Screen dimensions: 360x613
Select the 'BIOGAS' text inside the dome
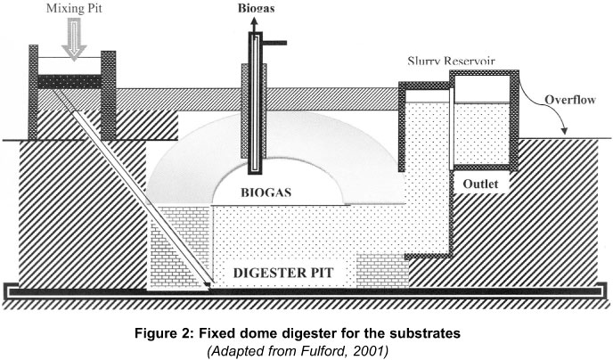pos(266,190)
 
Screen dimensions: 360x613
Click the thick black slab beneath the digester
pos(303,290)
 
